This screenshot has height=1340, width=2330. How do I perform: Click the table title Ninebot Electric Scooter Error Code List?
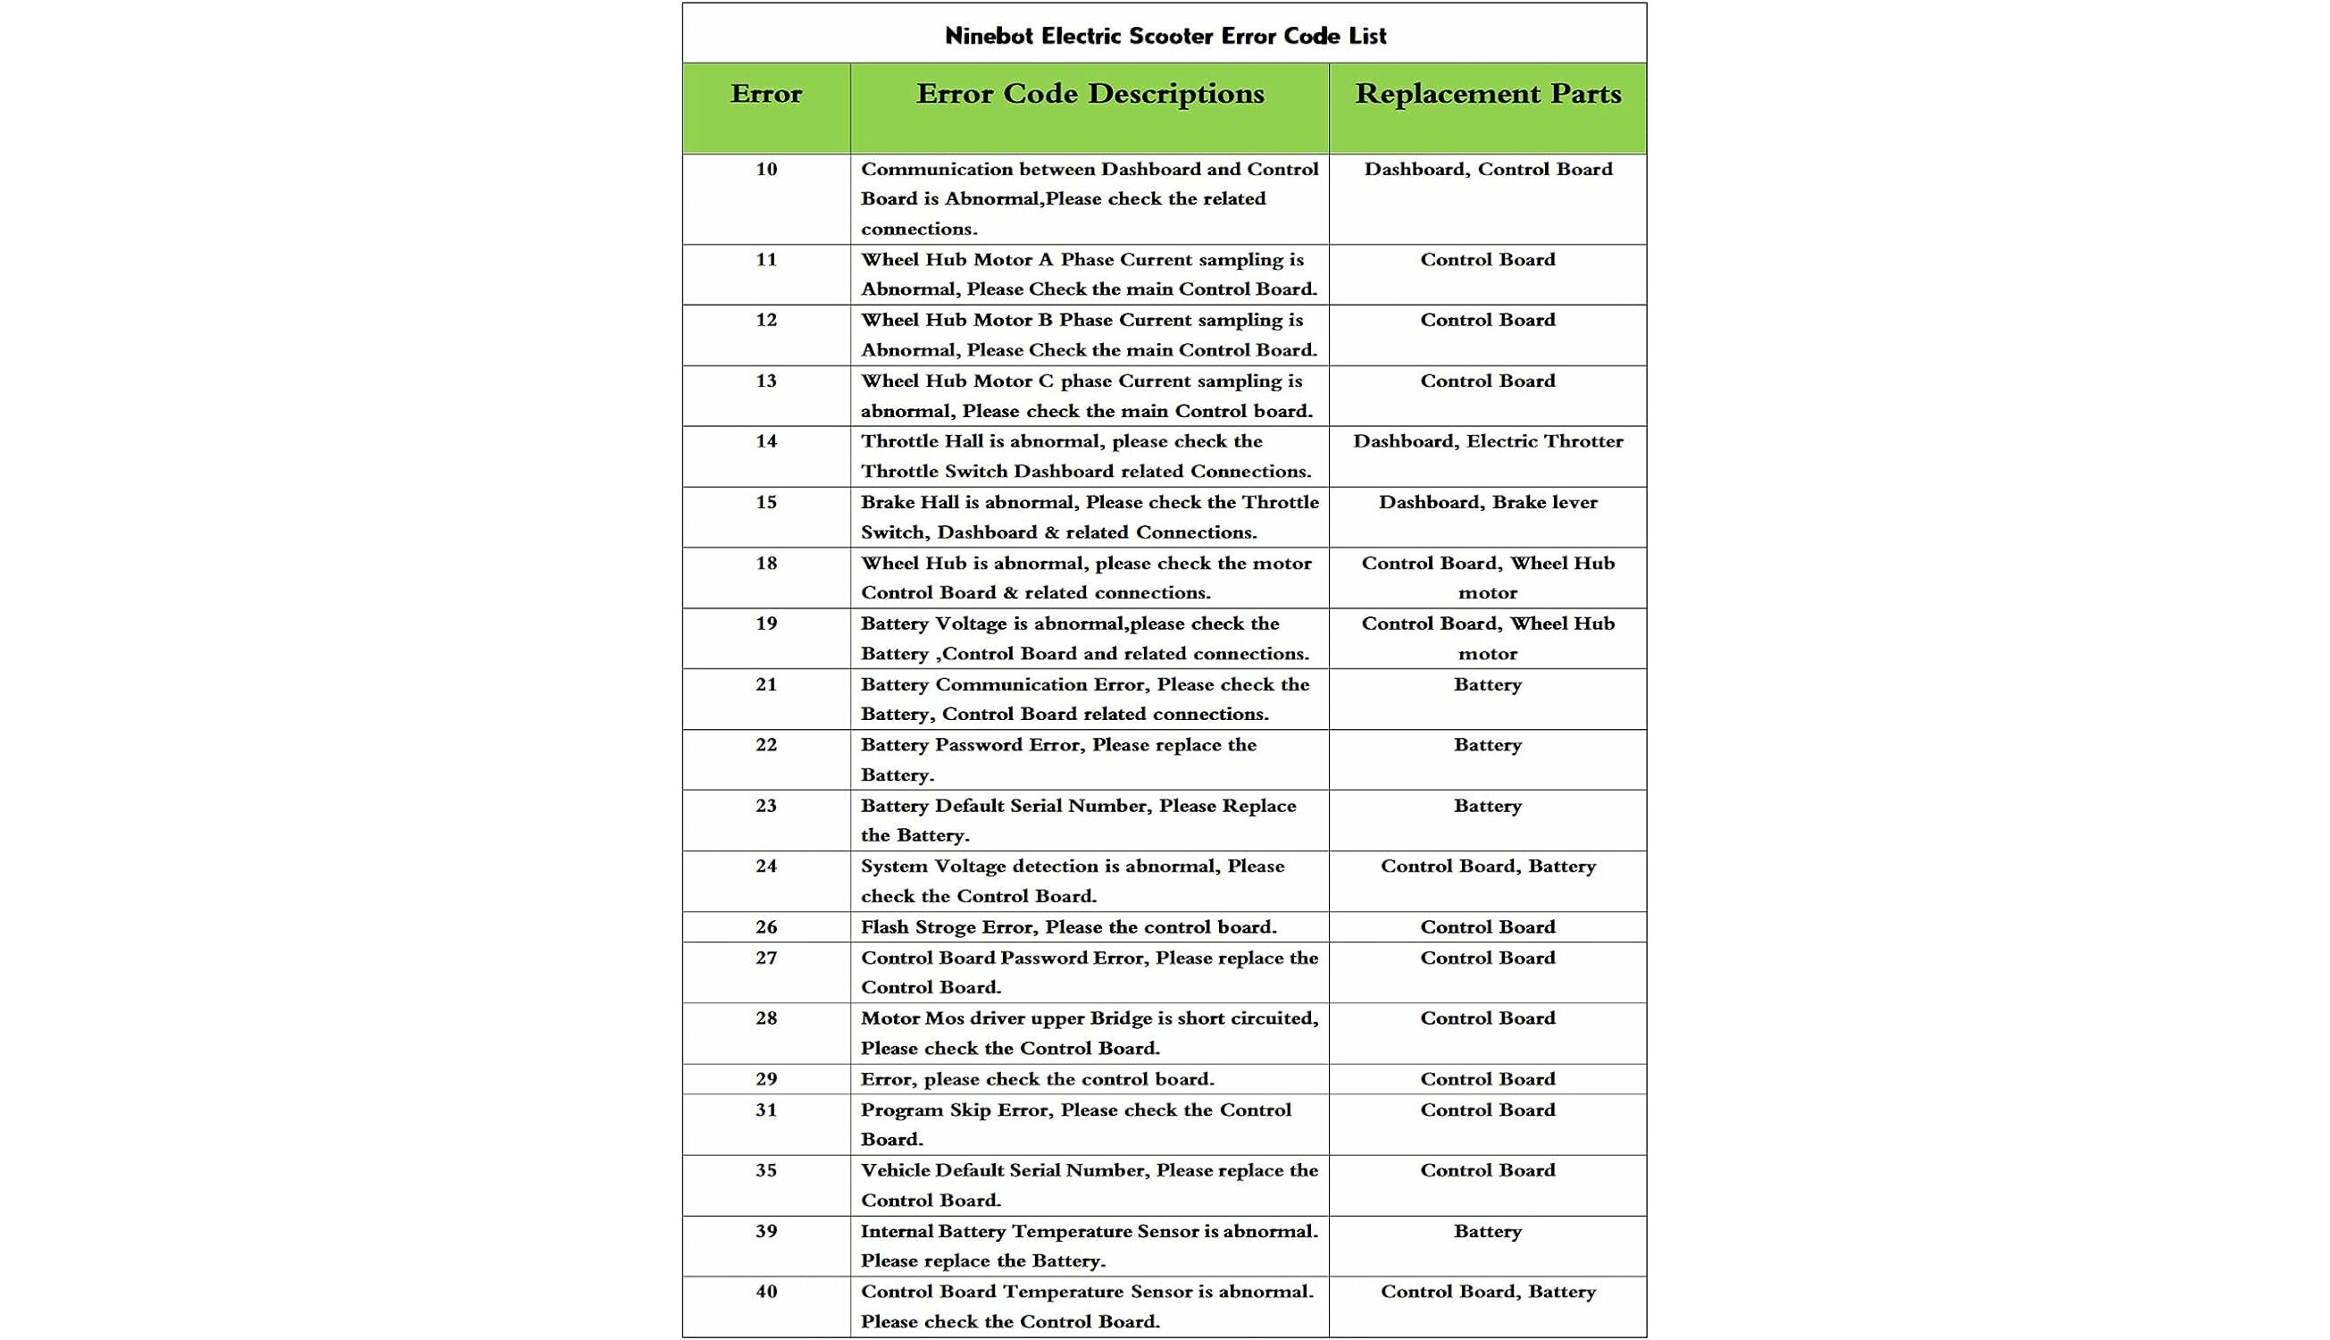(1165, 36)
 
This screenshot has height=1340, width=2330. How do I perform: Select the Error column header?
(765, 94)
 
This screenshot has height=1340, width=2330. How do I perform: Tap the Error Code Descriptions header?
(1090, 94)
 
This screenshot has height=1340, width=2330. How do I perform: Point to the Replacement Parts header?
(1488, 94)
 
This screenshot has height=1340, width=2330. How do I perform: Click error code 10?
(766, 170)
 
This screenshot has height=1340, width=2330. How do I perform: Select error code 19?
(766, 624)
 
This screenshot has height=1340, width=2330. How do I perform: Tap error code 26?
(766, 926)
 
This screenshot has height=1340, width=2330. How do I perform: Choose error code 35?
(766, 1170)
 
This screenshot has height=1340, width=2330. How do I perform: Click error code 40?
(766, 1292)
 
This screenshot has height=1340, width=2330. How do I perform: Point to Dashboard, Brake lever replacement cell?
(1488, 502)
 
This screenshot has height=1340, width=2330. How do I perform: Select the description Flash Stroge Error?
(1068, 926)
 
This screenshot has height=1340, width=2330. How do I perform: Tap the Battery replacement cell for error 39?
(1488, 1231)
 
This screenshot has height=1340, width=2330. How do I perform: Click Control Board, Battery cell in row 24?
(1488, 866)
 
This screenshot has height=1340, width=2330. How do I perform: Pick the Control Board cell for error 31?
(1488, 1110)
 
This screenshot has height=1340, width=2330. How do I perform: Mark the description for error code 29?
(1037, 1079)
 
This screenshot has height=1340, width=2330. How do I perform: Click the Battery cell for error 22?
(1488, 744)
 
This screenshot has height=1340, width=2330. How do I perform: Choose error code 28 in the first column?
(766, 1018)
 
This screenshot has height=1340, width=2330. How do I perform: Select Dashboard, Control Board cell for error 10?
(1488, 170)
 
